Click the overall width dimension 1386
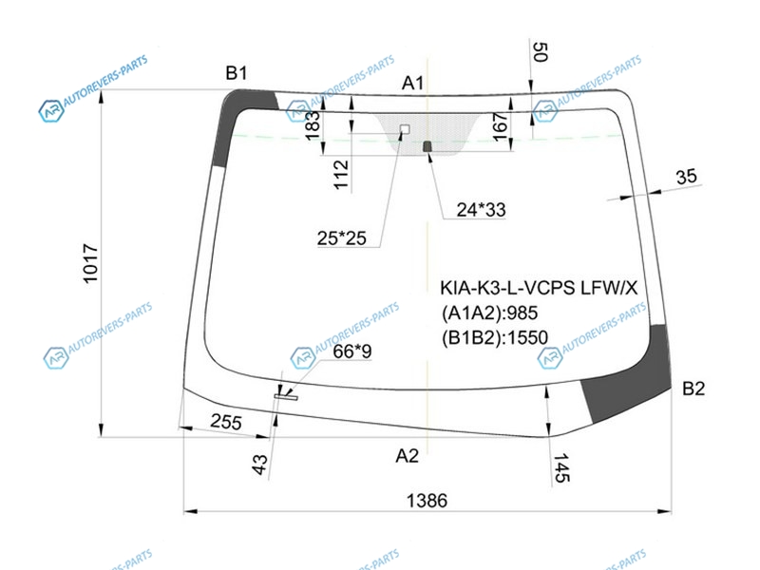point(427,500)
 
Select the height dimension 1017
point(90,263)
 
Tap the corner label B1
point(237,73)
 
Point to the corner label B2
point(693,389)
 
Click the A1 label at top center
point(412,84)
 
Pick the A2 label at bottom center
point(407,456)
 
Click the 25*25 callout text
point(342,238)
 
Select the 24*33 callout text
point(481,209)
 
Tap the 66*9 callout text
point(352,351)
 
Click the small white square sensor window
point(405,129)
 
